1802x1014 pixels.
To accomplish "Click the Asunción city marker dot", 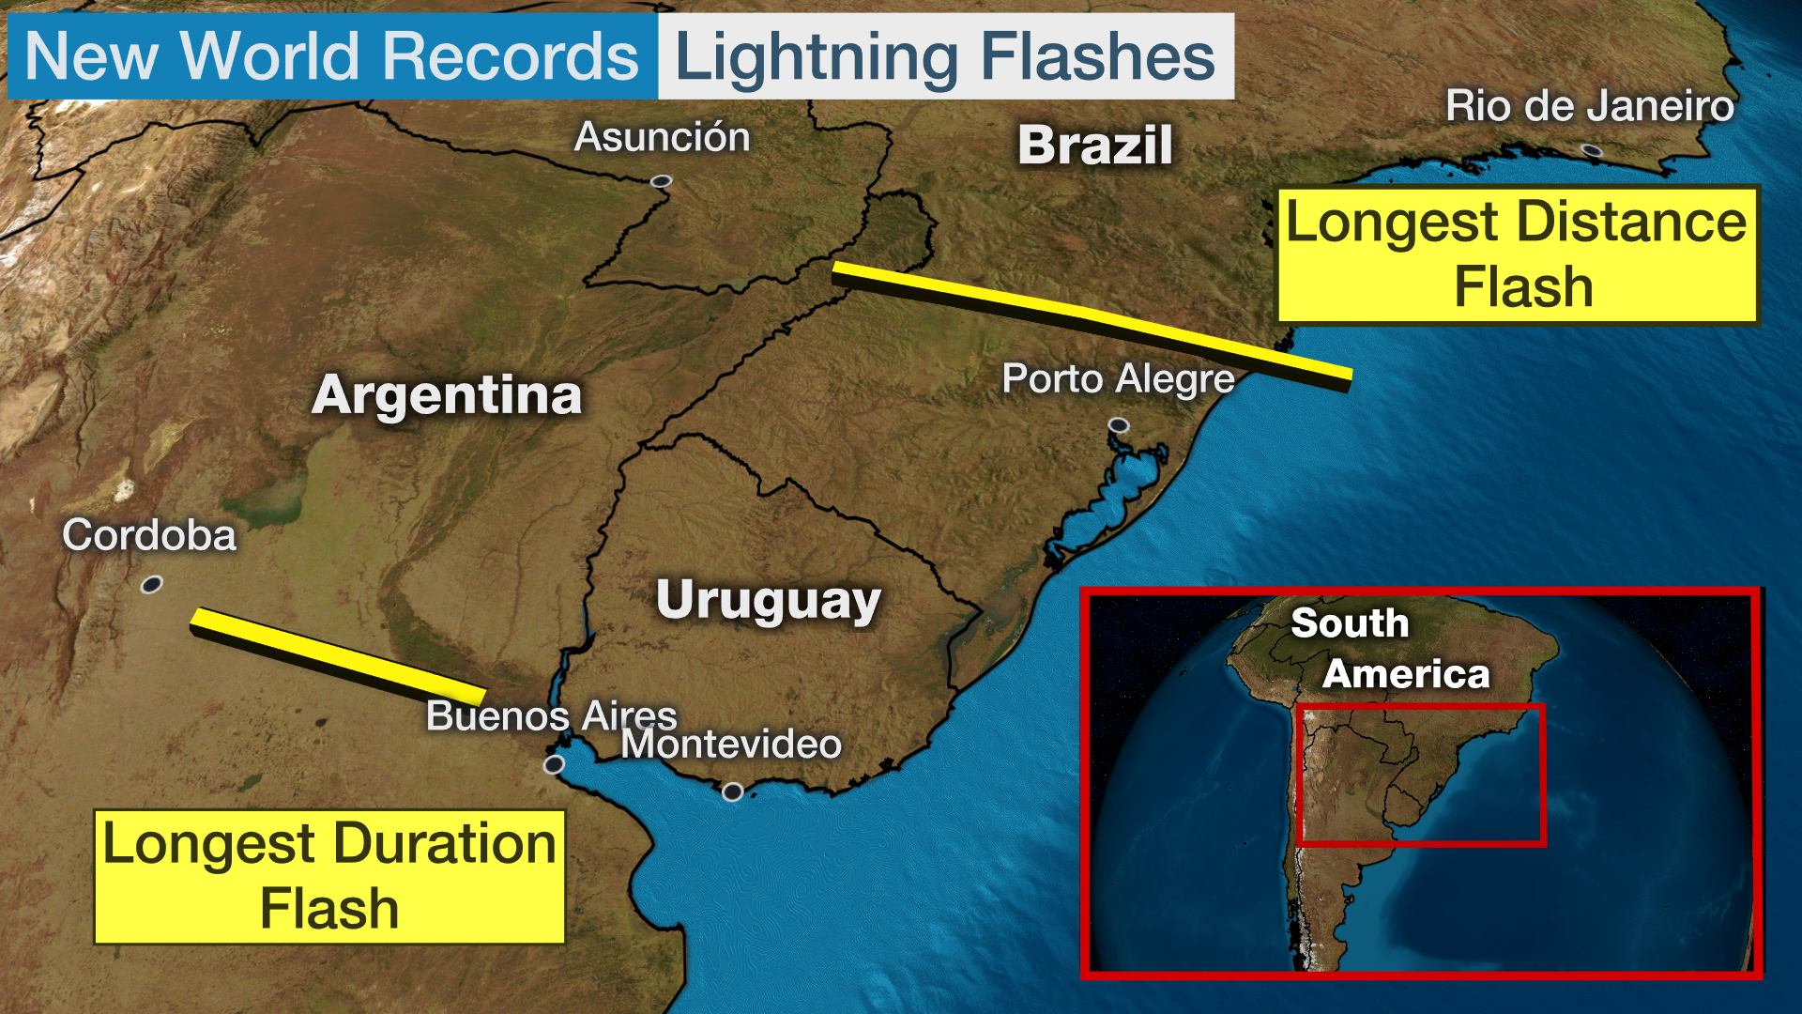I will pos(662,180).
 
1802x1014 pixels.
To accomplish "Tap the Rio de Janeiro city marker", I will pos(1591,150).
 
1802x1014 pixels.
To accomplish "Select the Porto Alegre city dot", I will pos(1118,425).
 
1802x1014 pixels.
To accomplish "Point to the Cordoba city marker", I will pos(151,585).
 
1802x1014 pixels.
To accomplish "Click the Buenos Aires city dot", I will pos(554,764).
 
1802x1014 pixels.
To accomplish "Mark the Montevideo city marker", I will pos(732,791).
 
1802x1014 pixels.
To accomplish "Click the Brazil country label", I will pos(1095,146).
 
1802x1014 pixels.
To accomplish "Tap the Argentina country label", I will pos(447,394).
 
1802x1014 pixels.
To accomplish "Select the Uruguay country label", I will pos(768,600).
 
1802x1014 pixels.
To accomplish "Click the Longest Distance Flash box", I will pos(1517,254).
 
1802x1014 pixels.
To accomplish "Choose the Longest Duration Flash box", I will pos(329,876).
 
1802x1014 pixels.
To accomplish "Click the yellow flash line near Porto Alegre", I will pos(1089,319).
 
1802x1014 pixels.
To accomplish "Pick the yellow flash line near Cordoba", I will pos(338,655).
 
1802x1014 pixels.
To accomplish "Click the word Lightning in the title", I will pos(816,56).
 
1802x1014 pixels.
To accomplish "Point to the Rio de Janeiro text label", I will pos(1589,106).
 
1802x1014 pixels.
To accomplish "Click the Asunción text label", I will pos(662,137).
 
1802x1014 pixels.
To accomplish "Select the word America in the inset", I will pos(1405,674).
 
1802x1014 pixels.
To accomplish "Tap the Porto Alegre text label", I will pos(1118,379).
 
